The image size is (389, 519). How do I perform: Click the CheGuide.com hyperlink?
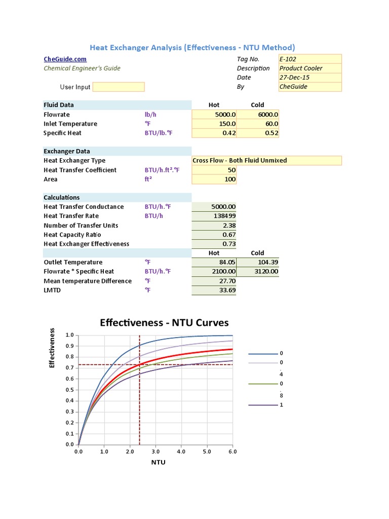click(x=62, y=59)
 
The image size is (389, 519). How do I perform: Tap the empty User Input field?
click(x=119, y=87)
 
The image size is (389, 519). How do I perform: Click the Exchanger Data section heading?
click(x=67, y=151)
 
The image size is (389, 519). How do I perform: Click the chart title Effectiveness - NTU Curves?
click(x=164, y=322)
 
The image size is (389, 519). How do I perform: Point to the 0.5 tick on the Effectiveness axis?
click(x=70, y=390)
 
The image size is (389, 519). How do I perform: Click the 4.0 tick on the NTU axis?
click(x=181, y=451)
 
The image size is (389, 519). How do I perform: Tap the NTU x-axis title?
click(x=158, y=462)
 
